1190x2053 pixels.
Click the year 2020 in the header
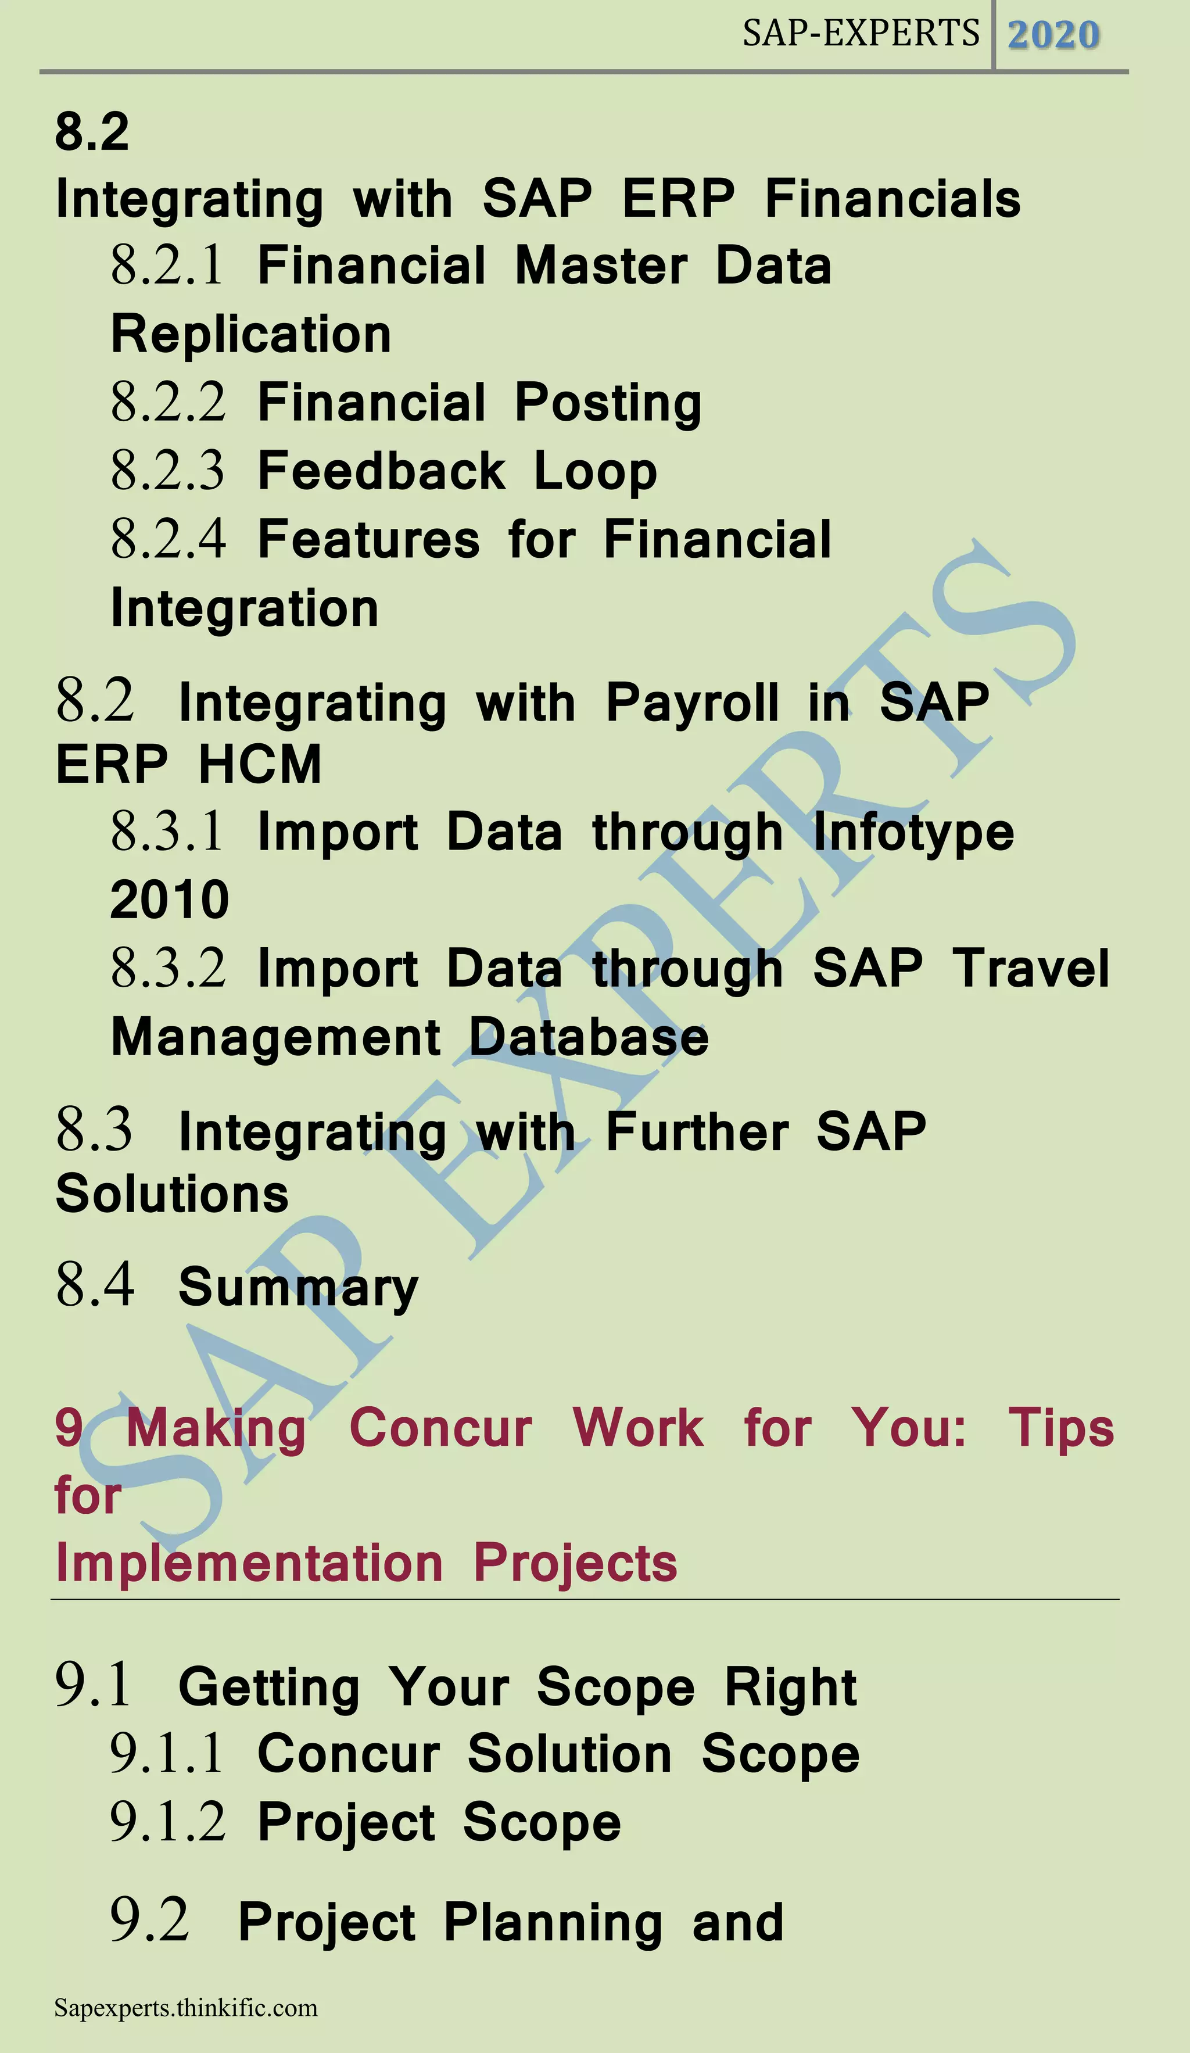1053,35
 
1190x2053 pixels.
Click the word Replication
251,335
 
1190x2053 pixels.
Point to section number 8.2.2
168,403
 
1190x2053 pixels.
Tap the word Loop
596,472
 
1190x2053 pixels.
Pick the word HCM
260,764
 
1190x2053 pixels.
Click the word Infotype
914,833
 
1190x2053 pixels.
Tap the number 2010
170,900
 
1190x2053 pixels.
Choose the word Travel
1032,968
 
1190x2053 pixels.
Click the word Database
589,1037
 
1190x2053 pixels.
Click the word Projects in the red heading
575,1563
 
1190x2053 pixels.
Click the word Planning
553,1923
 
